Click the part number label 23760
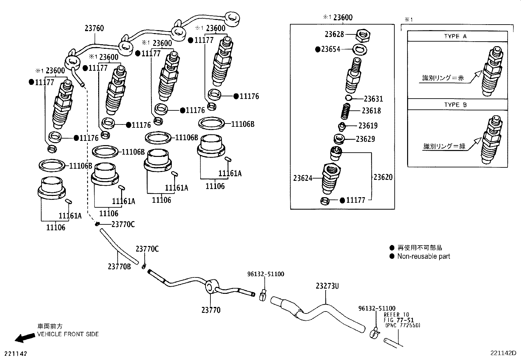94,28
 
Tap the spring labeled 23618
346,111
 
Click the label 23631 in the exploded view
373,99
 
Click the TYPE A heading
455,36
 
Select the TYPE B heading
455,105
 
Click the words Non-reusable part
423,256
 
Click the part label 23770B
119,267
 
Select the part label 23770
211,310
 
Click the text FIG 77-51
399,320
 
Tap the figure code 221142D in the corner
503,353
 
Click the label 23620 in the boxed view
383,177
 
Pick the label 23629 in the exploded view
365,139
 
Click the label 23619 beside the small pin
368,126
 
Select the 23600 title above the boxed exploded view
343,17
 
